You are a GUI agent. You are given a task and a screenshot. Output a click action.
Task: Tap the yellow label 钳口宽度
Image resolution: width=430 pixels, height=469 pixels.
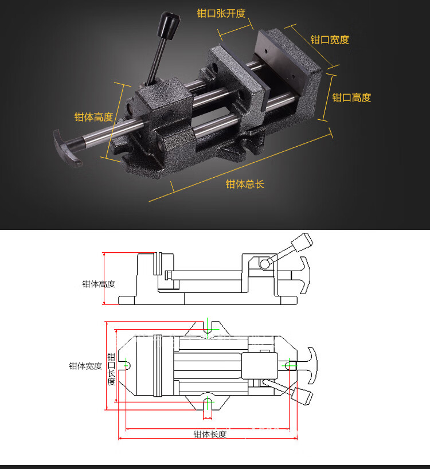[x=330, y=40]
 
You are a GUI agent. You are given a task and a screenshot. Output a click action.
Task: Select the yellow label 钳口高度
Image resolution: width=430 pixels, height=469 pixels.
[x=351, y=98]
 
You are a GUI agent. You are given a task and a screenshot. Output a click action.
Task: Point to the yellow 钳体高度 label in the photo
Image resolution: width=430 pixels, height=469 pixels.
[x=93, y=117]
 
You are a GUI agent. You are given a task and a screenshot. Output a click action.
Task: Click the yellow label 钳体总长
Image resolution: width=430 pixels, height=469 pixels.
[x=245, y=184]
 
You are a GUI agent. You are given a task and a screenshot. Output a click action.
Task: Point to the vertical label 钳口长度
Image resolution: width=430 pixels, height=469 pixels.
[x=111, y=369]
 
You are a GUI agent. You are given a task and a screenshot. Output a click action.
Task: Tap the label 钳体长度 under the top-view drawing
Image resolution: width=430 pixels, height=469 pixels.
[x=209, y=434]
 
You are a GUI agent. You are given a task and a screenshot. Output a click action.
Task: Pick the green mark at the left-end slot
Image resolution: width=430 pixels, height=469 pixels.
[x=127, y=365]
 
